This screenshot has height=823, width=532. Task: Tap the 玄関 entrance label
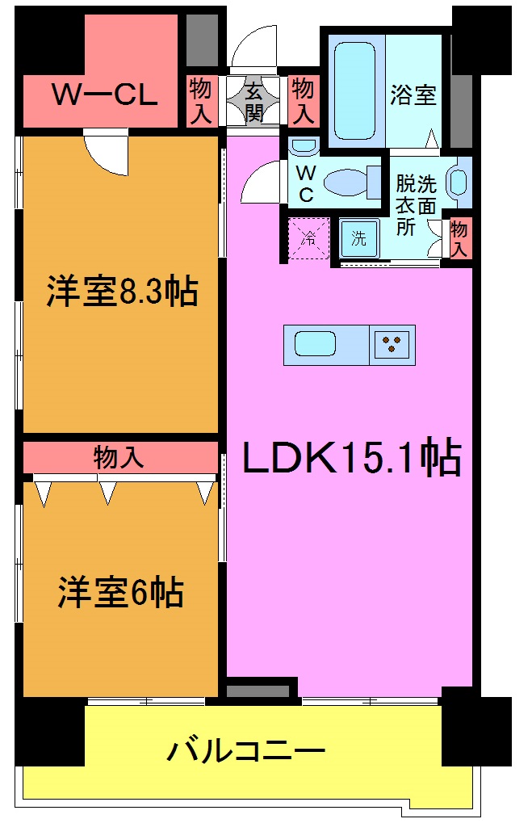pyautogui.click(x=255, y=100)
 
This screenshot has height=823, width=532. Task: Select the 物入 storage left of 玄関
pyautogui.click(x=200, y=100)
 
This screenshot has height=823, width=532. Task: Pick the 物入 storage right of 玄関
pyautogui.click(x=303, y=100)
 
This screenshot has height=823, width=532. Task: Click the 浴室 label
pyautogui.click(x=413, y=95)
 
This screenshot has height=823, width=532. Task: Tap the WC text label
pyautogui.click(x=306, y=183)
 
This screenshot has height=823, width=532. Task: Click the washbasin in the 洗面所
pyautogui.click(x=456, y=181)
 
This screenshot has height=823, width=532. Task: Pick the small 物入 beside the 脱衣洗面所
pyautogui.click(x=459, y=239)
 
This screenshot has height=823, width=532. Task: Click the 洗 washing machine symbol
pyautogui.click(x=358, y=239)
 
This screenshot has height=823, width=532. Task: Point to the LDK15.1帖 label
pyautogui.click(x=352, y=459)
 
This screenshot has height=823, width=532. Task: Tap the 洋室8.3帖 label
pyautogui.click(x=121, y=292)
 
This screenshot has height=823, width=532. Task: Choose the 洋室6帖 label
pyautogui.click(x=119, y=592)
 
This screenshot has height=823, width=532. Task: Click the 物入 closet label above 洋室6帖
pyautogui.click(x=119, y=458)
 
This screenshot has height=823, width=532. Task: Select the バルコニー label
pyautogui.click(x=246, y=752)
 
